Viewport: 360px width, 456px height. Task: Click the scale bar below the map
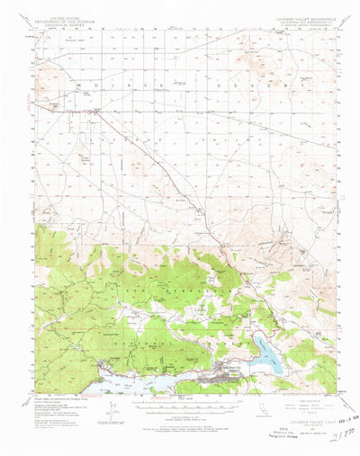coord(180,411)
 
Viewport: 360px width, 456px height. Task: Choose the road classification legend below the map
coord(297,399)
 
